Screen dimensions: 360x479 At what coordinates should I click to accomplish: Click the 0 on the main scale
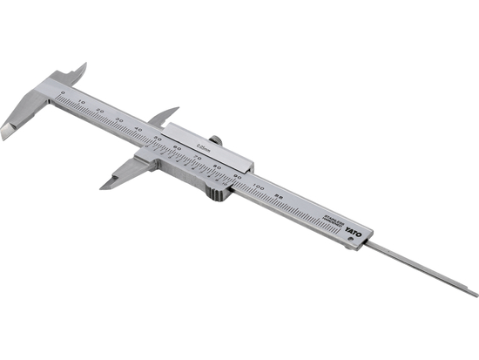[63, 91]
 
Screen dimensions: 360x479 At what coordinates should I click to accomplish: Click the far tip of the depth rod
[476, 295]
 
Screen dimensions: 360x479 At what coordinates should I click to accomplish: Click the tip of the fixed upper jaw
[84, 64]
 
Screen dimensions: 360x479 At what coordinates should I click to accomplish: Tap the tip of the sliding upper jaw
[177, 109]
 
